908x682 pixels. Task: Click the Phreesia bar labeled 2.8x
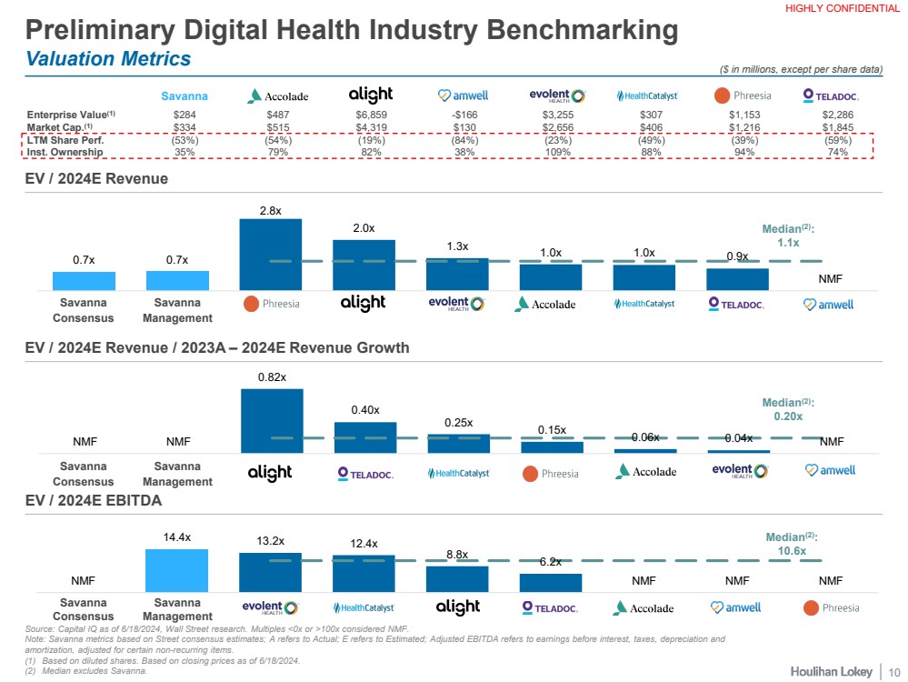point(271,254)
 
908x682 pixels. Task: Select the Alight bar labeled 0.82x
point(271,421)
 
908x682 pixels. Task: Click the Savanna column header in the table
point(185,95)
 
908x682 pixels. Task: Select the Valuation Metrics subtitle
point(109,59)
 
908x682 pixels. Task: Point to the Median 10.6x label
point(792,544)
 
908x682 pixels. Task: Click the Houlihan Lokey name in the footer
point(827,670)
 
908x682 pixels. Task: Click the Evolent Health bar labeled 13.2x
point(271,572)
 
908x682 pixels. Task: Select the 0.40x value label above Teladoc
point(364,410)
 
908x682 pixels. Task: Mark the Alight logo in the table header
point(371,95)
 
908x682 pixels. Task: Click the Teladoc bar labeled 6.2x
point(551,582)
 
